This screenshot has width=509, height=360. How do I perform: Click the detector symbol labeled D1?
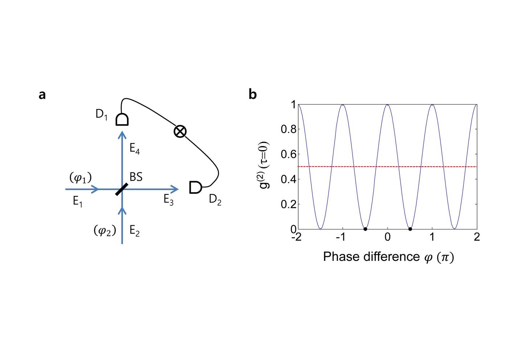(x=122, y=119)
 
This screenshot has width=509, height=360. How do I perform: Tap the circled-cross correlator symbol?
(x=180, y=131)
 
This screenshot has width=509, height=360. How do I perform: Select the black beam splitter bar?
(x=122, y=189)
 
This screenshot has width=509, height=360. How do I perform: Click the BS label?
(x=136, y=177)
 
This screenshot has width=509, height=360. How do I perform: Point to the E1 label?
(x=78, y=201)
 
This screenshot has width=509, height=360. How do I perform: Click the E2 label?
(x=135, y=231)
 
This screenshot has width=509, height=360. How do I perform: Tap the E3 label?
(x=168, y=200)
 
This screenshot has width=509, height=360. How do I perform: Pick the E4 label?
(x=135, y=149)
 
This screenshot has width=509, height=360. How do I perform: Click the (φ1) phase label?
(x=80, y=178)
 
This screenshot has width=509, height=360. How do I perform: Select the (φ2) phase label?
(x=104, y=230)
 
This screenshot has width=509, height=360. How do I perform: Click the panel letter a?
(x=42, y=95)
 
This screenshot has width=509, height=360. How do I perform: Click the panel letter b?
(x=253, y=94)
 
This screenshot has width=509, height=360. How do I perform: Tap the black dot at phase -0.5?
(x=365, y=229)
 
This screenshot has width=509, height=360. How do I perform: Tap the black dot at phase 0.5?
(x=410, y=229)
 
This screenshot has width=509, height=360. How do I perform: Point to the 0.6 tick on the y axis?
(x=288, y=154)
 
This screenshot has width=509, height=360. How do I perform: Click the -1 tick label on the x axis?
(x=341, y=237)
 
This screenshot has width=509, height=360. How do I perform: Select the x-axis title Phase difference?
(x=388, y=257)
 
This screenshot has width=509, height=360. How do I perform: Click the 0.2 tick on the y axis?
(x=288, y=204)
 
